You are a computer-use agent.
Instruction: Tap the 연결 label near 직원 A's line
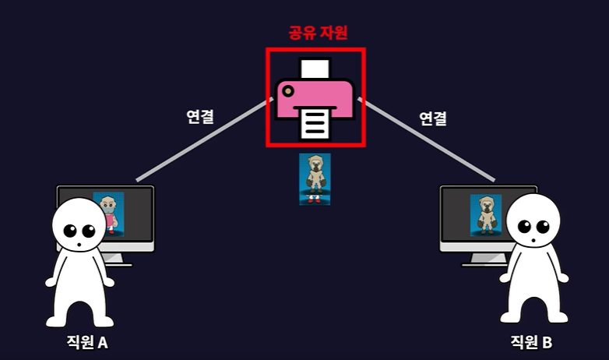pos(201,117)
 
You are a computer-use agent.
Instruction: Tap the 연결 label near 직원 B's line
pos(433,119)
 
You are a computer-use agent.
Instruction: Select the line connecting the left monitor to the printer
pos(202,140)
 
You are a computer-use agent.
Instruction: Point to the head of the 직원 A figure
pos(82,226)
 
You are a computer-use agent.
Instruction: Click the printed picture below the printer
pos(315,178)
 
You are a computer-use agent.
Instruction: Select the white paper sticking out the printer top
pos(315,68)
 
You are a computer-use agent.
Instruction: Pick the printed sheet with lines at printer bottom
pos(315,125)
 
